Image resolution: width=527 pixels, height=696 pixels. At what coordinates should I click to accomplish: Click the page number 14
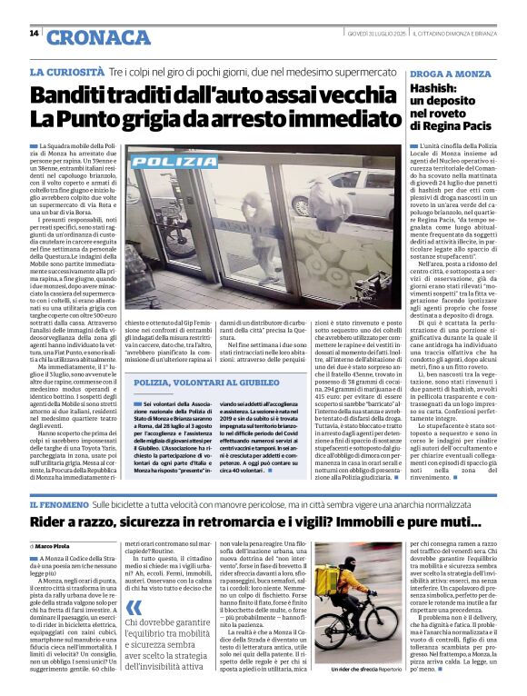click(x=34, y=34)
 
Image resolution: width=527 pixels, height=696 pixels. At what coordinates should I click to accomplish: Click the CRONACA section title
click(x=87, y=37)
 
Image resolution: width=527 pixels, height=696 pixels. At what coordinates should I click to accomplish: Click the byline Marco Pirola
click(x=59, y=544)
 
